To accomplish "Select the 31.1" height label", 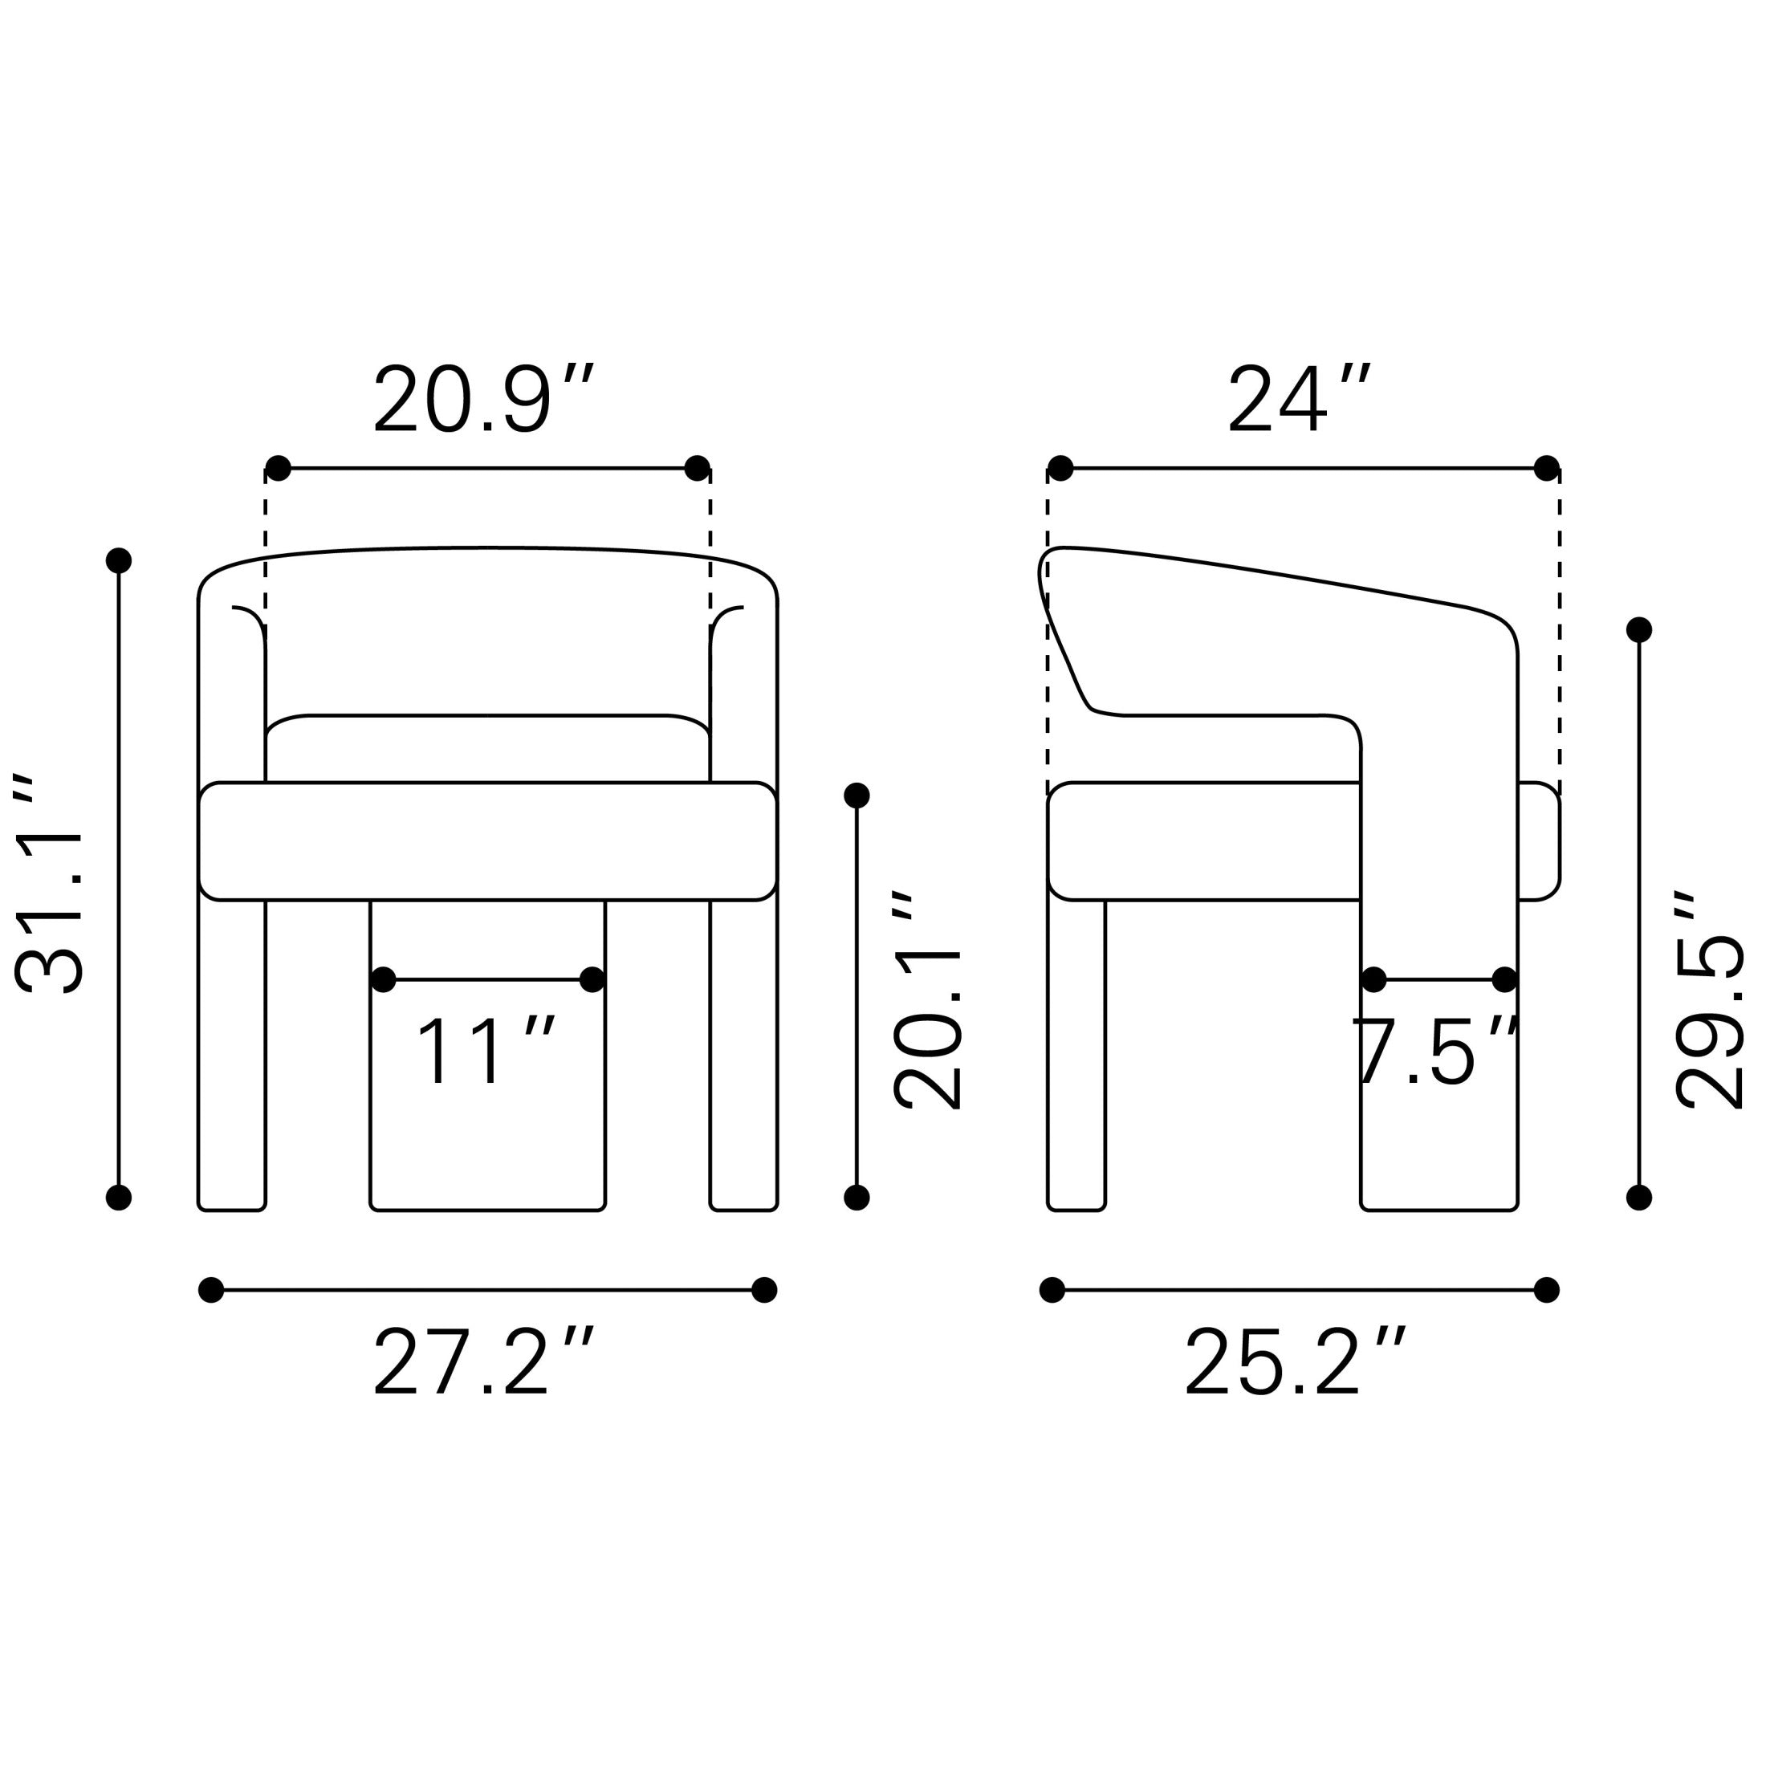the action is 51,885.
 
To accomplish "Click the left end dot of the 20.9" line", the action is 278,468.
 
